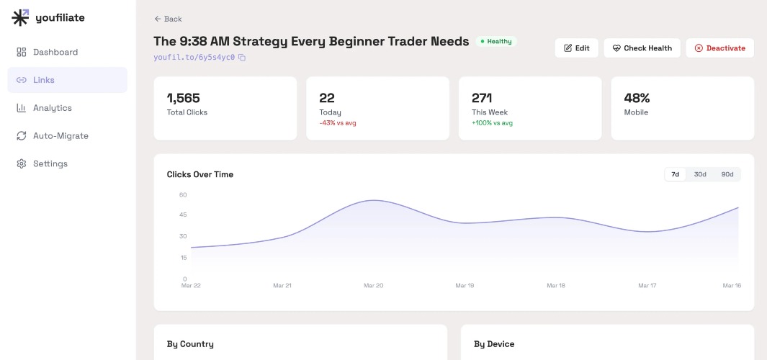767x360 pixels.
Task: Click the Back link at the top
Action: [169, 19]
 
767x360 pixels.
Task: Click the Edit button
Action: [577, 48]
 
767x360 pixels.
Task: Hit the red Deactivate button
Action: [720, 48]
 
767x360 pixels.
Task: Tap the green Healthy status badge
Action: [496, 42]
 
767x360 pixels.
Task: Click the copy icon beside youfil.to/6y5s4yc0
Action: [242, 57]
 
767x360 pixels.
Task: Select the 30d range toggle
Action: [700, 175]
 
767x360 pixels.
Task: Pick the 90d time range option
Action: [727, 175]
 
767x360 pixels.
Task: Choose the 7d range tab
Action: [675, 175]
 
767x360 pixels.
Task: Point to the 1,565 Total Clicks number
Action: [184, 99]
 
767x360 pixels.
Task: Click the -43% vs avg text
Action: [338, 123]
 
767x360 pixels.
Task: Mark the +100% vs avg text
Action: [492, 123]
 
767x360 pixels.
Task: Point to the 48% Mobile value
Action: [637, 99]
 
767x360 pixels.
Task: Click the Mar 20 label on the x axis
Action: [373, 286]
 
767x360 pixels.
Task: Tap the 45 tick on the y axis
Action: [183, 215]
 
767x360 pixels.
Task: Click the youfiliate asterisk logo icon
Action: [21, 17]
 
